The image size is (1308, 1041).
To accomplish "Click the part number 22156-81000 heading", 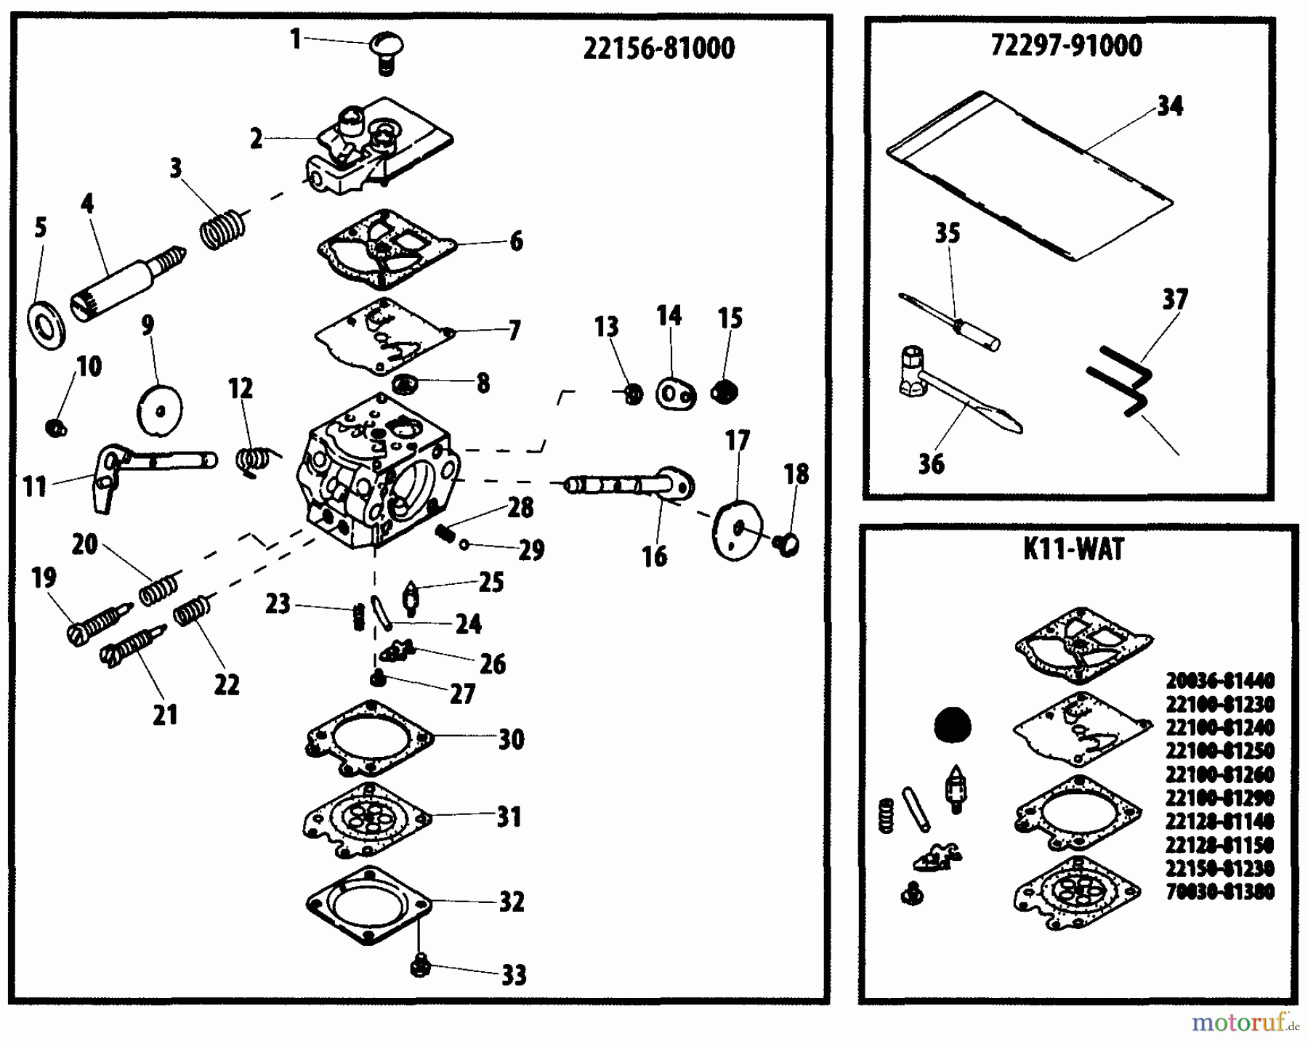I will (658, 49).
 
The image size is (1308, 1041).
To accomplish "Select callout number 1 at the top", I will (295, 39).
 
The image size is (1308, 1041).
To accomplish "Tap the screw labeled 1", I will (387, 51).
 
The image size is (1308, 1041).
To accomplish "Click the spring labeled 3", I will (222, 228).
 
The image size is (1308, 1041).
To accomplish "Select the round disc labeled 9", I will (160, 409).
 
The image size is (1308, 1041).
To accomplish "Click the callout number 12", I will (241, 389).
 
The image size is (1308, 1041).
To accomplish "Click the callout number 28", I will (520, 508).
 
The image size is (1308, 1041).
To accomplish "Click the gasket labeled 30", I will (368, 740).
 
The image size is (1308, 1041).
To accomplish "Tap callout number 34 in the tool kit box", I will (1169, 107).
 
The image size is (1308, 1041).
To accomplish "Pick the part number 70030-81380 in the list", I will (1219, 891).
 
